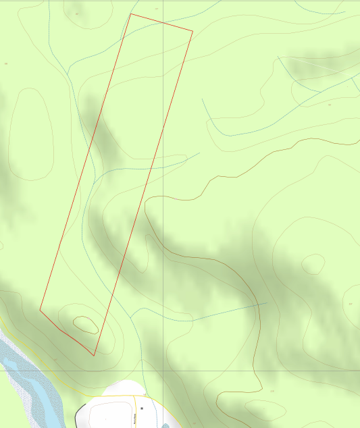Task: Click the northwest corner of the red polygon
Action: pos(131,14)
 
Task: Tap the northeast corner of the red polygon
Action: pos(192,30)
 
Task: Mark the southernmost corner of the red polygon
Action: pos(94,355)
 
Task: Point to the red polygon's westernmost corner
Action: pos(40,310)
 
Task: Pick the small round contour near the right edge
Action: pos(313,264)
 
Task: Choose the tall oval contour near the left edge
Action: pos(30,135)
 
